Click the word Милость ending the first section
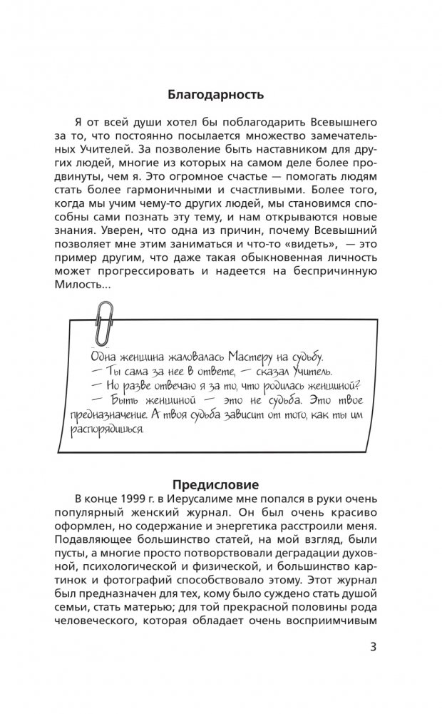coord(90,285)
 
